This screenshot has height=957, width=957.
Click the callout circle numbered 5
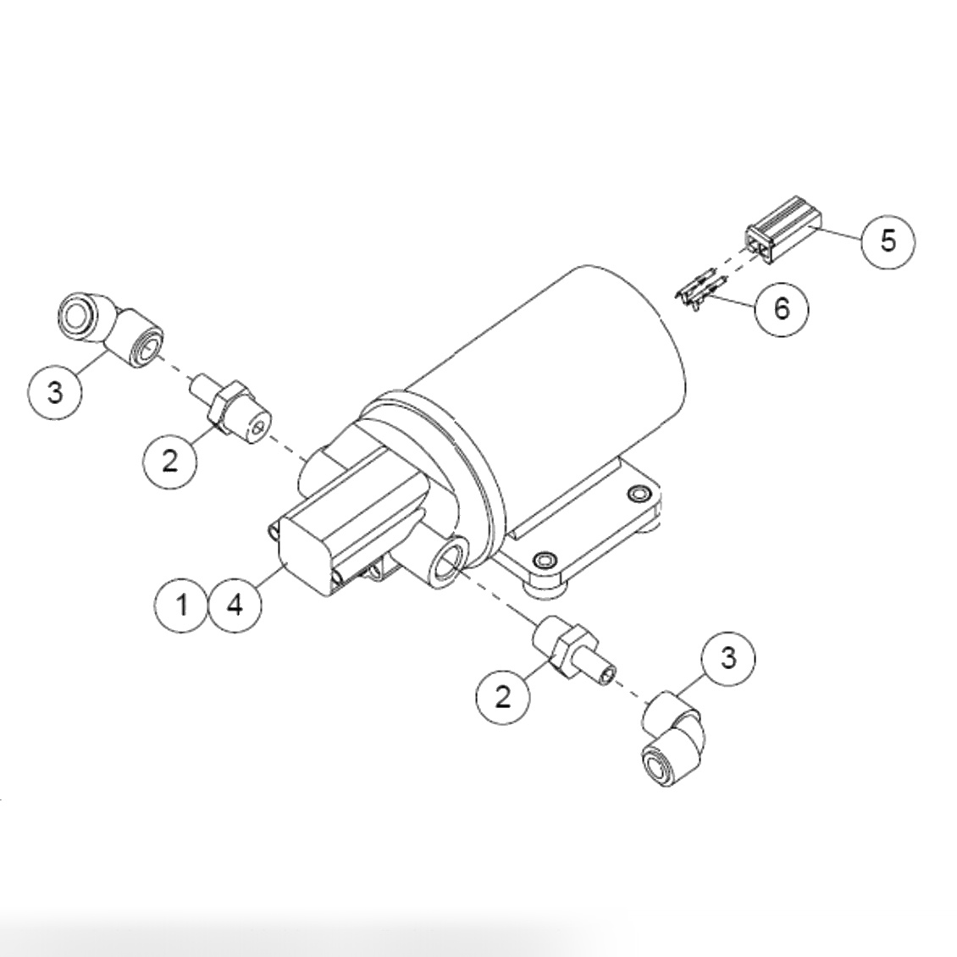tap(888, 241)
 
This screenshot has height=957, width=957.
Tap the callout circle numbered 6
tap(781, 308)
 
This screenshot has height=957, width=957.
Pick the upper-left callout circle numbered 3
tap(55, 392)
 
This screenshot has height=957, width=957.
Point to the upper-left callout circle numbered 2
tap(170, 461)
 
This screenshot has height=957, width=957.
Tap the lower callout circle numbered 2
tap(503, 696)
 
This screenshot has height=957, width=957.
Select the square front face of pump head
tap(305, 559)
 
